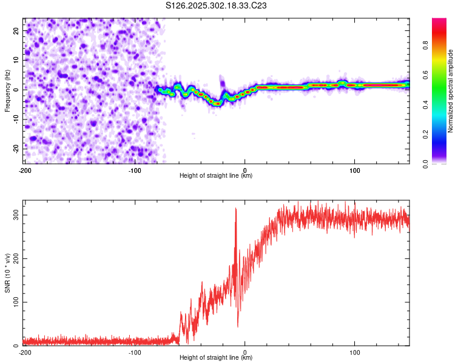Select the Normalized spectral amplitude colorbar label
(x=450, y=91)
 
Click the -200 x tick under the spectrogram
(x=25, y=170)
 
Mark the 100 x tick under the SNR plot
(x=354, y=352)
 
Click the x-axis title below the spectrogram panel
(x=217, y=176)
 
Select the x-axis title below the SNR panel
(x=217, y=358)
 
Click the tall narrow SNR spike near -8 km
(x=236, y=210)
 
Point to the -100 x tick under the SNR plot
(x=135, y=352)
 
